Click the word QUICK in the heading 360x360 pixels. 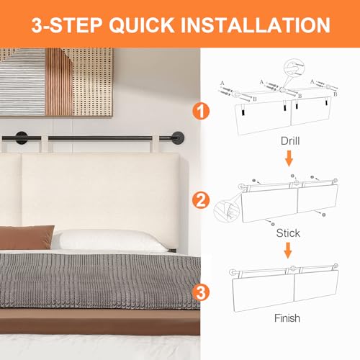pos(142,25)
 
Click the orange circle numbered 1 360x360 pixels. pos(201,111)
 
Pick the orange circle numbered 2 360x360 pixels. pos(201,201)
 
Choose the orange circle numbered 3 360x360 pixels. pos(201,292)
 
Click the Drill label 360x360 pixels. pos(290,141)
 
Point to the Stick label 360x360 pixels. pos(288,233)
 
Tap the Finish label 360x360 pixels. pos(287,318)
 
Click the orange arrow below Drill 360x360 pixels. pos(289,158)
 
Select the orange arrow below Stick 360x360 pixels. pos(288,251)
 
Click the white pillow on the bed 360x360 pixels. pos(110,240)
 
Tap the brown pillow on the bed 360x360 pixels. pos(26,237)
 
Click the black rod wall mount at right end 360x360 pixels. pos(178,138)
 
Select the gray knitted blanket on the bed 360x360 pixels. pos(99,281)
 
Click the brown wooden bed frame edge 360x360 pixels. pos(99,322)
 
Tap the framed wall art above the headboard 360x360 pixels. pos(56,82)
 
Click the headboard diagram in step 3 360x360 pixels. pos(285,288)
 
